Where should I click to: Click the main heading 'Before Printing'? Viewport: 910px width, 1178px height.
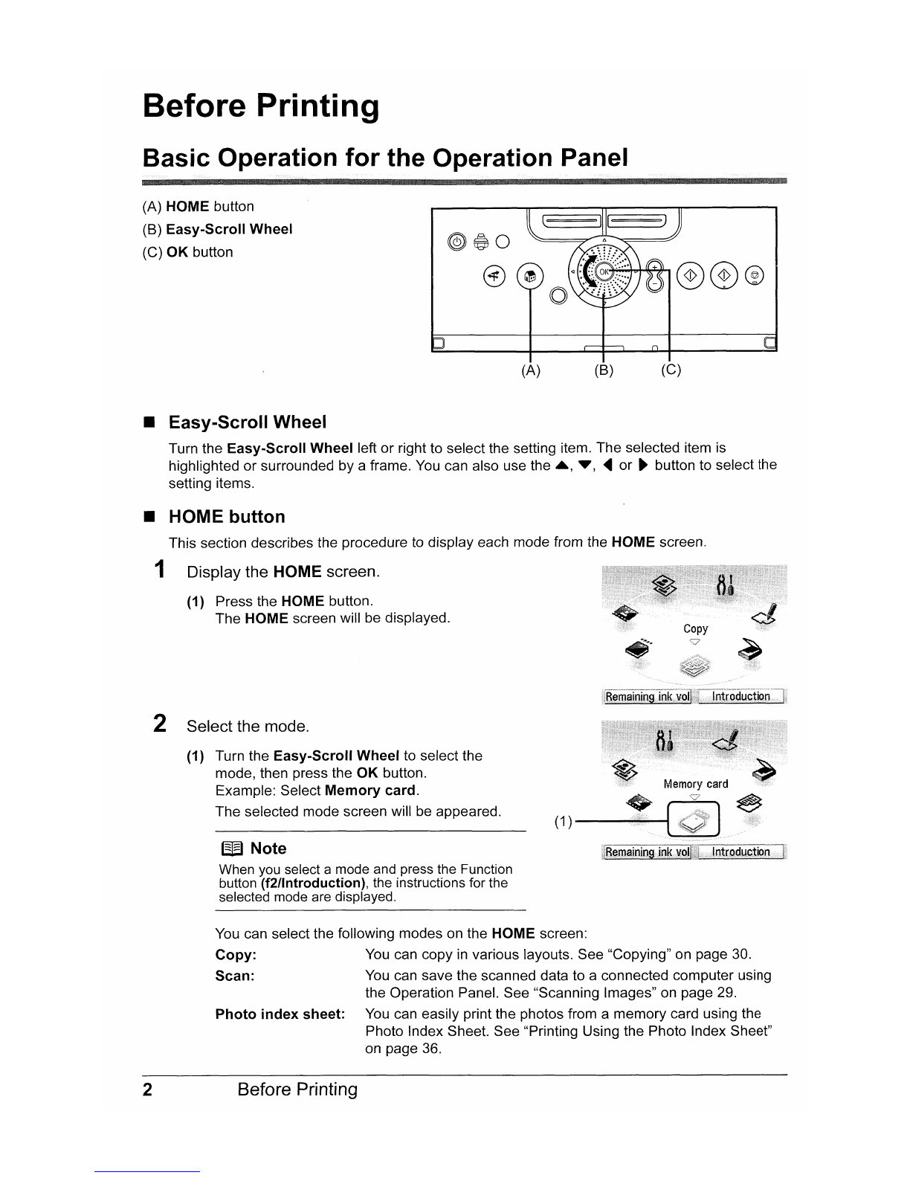[260, 106]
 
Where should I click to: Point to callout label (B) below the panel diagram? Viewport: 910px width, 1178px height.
[602, 370]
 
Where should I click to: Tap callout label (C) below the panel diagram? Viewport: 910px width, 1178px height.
[671, 370]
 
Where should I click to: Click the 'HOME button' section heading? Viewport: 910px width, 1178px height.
[227, 517]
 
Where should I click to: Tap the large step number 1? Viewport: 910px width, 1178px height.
[158, 570]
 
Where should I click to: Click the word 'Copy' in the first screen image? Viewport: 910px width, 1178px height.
[695, 628]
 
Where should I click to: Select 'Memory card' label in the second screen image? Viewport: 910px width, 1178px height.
[695, 784]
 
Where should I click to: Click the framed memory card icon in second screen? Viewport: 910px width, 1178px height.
[695, 821]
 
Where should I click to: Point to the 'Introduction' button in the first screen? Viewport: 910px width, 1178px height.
[740, 697]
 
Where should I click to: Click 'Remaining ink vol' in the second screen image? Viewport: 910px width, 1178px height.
[648, 852]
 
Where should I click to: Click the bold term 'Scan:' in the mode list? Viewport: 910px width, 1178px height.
[235, 976]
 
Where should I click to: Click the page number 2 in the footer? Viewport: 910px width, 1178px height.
[148, 1090]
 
